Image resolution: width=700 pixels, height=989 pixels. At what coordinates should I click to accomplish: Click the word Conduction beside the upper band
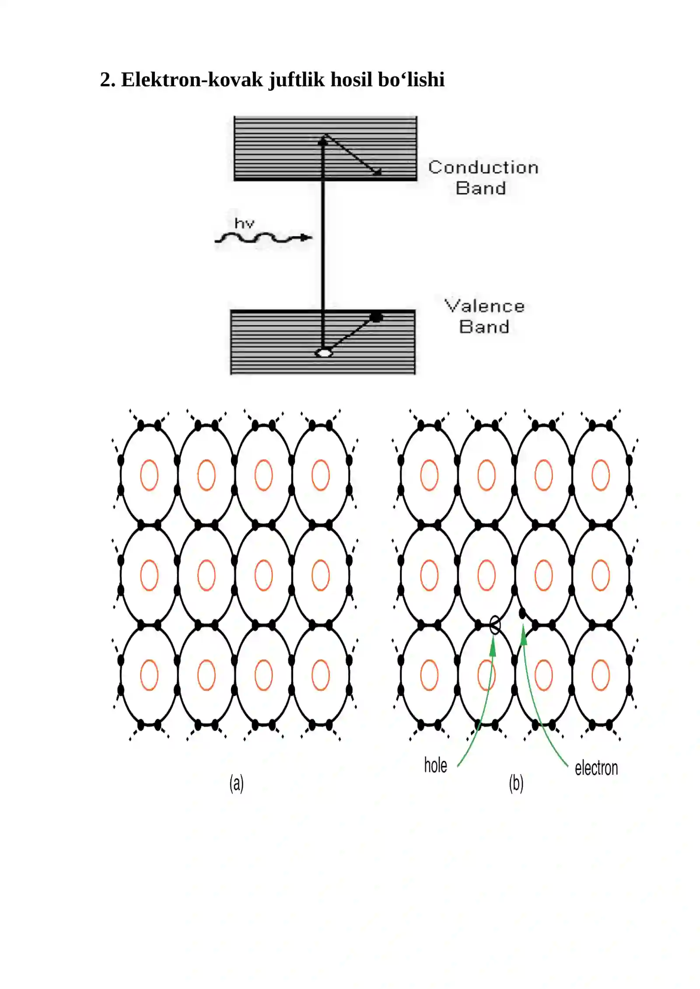(483, 167)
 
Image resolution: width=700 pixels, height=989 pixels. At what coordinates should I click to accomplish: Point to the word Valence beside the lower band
(484, 306)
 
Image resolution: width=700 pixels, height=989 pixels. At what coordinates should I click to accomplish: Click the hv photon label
(244, 223)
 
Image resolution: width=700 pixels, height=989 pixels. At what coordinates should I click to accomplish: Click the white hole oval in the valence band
(324, 352)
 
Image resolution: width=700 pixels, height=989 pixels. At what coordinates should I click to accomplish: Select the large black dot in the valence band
(376, 317)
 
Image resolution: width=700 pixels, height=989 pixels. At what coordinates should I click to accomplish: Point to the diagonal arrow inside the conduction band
(353, 155)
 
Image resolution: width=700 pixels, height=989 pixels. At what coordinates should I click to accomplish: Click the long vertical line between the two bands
(323, 245)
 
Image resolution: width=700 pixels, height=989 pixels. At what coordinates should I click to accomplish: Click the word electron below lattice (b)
(596, 768)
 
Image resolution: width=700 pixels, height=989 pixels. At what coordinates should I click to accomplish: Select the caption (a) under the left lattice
(237, 783)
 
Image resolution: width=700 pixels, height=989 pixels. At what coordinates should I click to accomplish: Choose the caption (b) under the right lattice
(516, 783)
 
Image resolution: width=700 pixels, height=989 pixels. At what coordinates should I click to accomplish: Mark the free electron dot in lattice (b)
(522, 613)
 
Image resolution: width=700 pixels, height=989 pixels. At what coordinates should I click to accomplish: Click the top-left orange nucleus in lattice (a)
(149, 475)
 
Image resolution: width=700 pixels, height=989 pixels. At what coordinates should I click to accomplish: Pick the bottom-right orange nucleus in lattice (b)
(601, 675)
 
